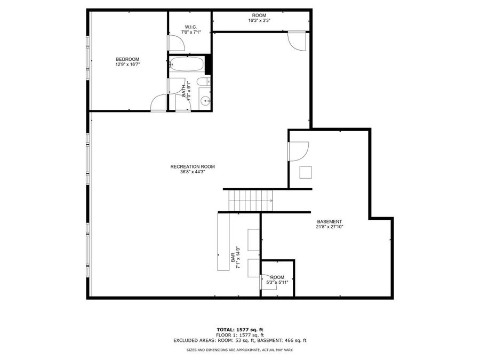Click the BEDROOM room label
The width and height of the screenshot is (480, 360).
127,59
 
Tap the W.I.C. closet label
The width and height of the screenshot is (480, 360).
190,27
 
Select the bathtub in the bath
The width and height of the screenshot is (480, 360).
187,65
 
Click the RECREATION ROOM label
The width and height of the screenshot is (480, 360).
193,166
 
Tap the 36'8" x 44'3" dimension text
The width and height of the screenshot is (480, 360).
193,172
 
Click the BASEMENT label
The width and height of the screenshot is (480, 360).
329,221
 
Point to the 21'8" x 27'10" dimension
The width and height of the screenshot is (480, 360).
329,227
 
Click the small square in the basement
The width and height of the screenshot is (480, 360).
306,172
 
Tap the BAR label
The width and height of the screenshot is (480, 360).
234,257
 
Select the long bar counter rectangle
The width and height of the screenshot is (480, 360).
222,242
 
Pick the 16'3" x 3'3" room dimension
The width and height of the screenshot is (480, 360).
259,21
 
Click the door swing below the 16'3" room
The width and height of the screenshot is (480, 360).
297,41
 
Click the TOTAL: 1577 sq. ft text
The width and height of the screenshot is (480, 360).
239,329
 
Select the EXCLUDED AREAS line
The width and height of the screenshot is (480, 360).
239,340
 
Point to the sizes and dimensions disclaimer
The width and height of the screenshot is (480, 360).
239,350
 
